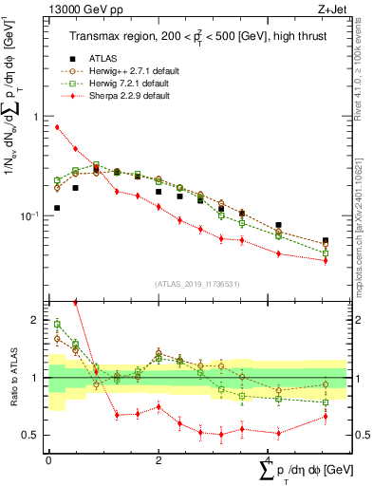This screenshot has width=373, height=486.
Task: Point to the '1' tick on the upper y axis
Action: coord(38,117)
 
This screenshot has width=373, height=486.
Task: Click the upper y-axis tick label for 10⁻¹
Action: coord(33,215)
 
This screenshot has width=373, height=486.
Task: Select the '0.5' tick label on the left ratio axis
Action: coord(33,435)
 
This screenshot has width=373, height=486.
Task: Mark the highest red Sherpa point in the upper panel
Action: coord(57,126)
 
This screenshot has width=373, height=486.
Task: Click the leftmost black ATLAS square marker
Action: coord(57,208)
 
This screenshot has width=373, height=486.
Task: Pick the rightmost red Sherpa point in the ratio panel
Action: coord(325,416)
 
